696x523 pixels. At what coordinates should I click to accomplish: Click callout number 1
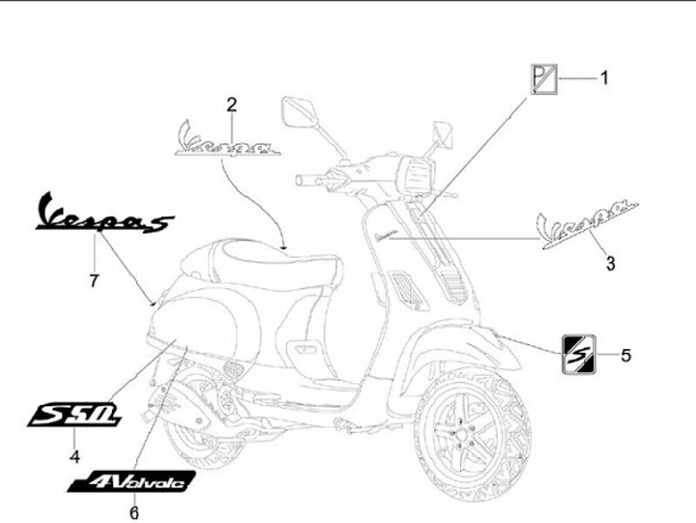click(605, 77)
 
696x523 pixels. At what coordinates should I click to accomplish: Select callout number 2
click(232, 104)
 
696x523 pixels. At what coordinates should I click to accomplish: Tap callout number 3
click(610, 262)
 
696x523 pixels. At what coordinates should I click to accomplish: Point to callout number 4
click(74, 455)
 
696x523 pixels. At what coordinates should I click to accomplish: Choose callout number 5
click(625, 356)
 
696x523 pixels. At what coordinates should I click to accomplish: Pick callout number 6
click(134, 512)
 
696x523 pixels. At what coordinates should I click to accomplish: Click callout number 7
click(94, 281)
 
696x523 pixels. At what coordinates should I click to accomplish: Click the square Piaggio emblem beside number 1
click(543, 78)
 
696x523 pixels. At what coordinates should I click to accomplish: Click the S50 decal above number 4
click(74, 415)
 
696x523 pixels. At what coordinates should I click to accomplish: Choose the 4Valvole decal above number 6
click(132, 480)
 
